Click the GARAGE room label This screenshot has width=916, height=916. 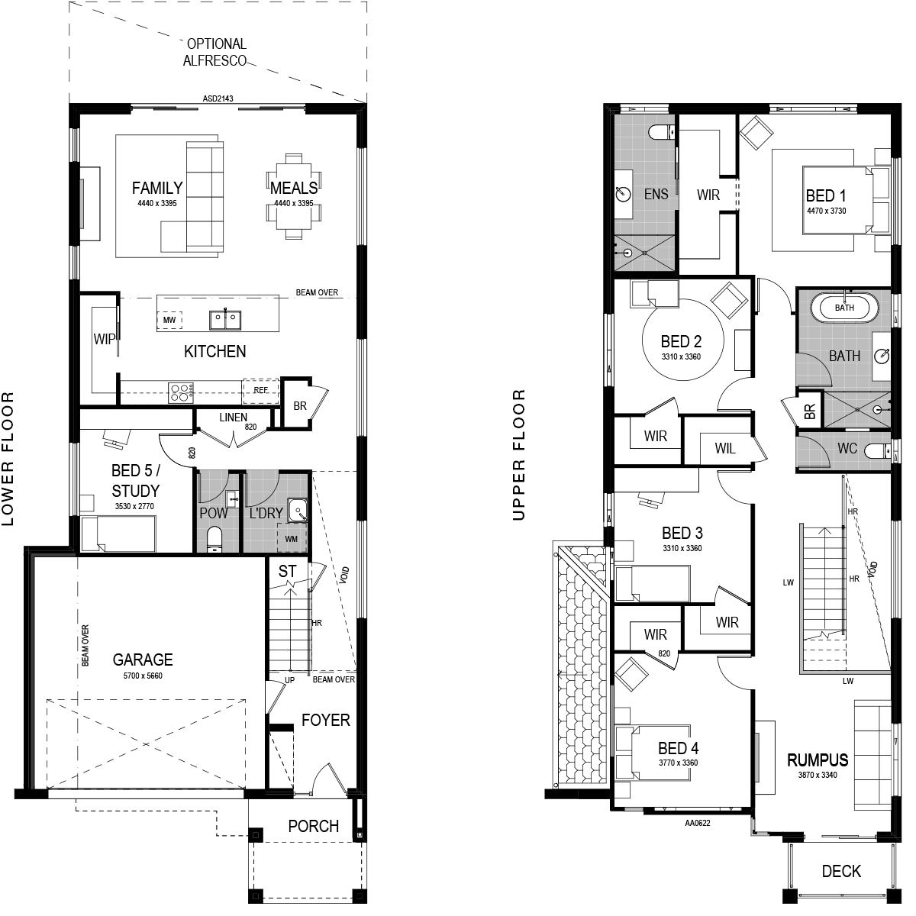(143, 660)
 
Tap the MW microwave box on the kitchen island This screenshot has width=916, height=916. (169, 320)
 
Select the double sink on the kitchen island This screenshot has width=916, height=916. (225, 320)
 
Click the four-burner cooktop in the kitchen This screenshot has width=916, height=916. (181, 393)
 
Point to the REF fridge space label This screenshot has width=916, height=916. (260, 390)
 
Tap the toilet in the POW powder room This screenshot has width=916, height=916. (214, 540)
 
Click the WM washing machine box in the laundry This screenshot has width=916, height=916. (292, 539)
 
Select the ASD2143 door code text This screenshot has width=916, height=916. (218, 99)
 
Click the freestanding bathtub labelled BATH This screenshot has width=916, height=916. (844, 308)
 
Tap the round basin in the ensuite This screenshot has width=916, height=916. (623, 193)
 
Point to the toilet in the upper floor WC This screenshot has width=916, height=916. (878, 450)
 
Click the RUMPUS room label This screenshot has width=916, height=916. (818, 760)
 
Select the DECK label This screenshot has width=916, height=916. (841, 871)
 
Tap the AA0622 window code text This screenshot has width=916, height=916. (698, 823)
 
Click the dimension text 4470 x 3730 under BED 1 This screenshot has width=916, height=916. (827, 211)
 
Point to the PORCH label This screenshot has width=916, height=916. (313, 826)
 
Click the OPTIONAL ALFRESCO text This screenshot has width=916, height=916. (215, 53)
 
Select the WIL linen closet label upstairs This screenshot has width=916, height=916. (725, 448)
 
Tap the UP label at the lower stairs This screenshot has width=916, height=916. (289, 680)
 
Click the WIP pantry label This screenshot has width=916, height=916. (104, 339)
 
